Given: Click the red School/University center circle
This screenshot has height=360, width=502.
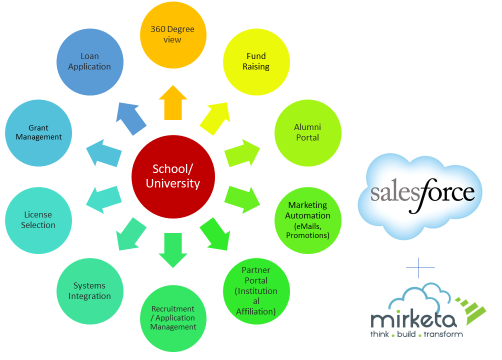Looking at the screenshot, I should click(x=173, y=176).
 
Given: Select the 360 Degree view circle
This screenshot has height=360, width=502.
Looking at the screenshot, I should click(x=173, y=35).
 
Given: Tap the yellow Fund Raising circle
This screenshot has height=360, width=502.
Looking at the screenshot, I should click(x=256, y=61).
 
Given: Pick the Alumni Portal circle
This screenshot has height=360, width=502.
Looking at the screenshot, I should click(x=307, y=133).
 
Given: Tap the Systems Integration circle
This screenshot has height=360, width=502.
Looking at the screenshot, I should click(x=89, y=291).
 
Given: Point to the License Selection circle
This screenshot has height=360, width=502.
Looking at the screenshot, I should click(x=38, y=220).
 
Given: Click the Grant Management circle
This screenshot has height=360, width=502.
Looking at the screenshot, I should click(x=38, y=133).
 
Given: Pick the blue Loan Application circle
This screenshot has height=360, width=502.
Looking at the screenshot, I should click(x=89, y=61).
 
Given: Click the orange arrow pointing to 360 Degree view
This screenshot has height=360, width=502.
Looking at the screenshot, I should click(x=173, y=102).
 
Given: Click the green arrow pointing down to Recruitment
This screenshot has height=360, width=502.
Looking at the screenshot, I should click(x=173, y=250).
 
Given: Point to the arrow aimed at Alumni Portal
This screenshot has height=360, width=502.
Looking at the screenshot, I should click(x=243, y=152).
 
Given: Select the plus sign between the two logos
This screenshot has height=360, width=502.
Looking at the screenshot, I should click(x=420, y=268).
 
